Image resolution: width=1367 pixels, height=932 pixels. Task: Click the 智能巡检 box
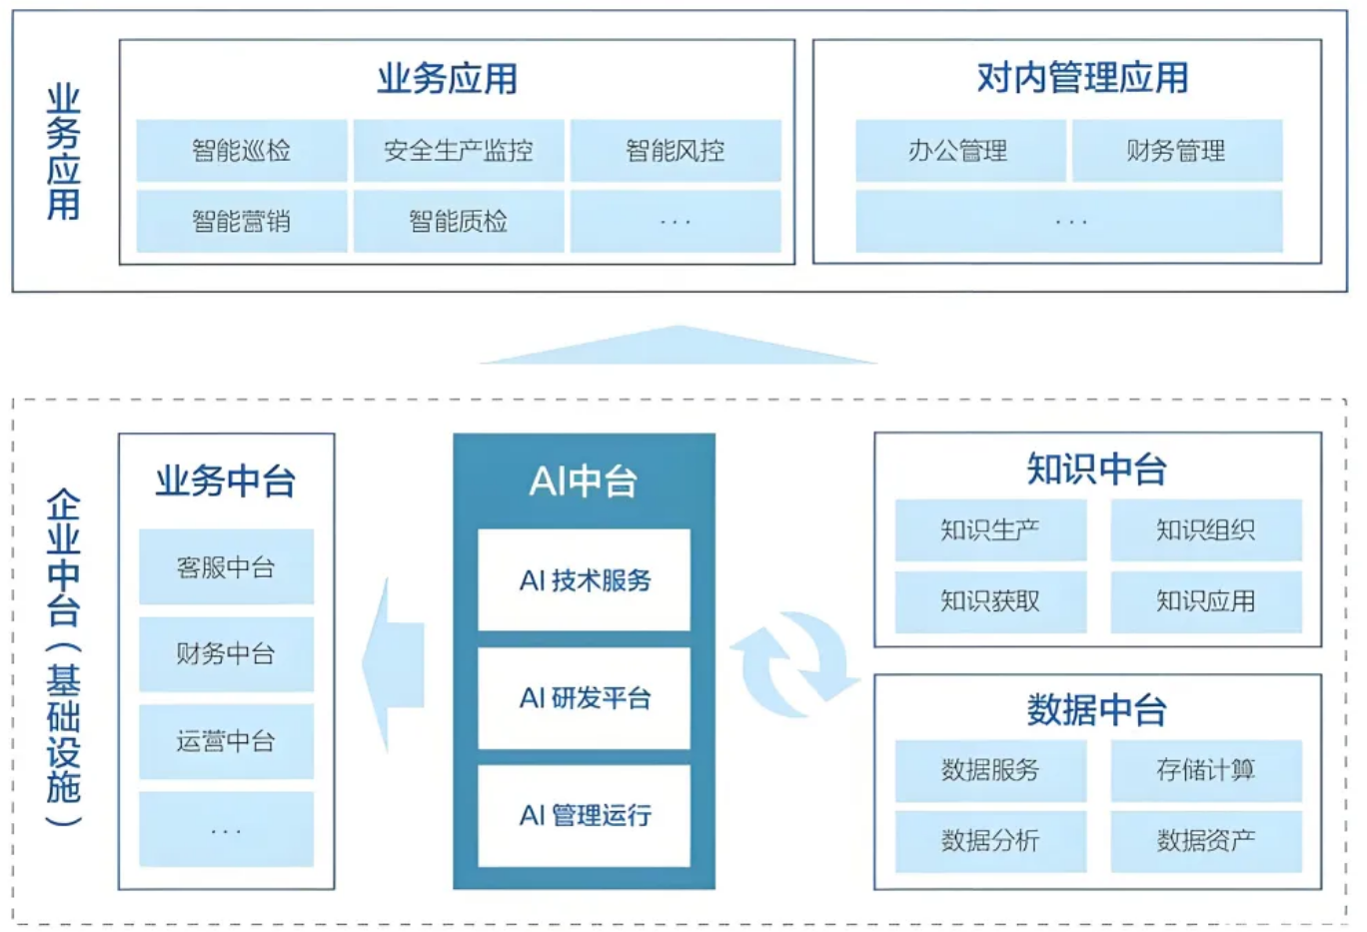(x=242, y=151)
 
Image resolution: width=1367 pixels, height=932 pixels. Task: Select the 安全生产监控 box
(x=459, y=151)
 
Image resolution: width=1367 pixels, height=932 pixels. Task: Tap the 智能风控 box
(x=676, y=151)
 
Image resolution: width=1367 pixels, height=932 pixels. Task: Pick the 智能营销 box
(x=242, y=221)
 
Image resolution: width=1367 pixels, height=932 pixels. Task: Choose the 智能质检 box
(x=459, y=221)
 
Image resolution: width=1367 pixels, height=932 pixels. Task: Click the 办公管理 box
(x=959, y=151)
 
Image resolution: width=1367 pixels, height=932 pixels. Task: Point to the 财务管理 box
(x=1176, y=151)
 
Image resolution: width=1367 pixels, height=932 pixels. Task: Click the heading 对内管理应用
(x=1082, y=78)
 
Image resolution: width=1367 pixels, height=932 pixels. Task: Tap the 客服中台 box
(x=226, y=567)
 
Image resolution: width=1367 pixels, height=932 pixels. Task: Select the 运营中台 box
(x=226, y=741)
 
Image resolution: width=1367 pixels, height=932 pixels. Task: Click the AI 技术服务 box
(x=585, y=580)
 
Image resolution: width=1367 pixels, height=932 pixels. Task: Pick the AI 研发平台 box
(x=585, y=698)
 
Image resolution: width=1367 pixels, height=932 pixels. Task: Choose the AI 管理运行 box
(x=585, y=815)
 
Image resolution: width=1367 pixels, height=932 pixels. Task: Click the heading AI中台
(x=584, y=481)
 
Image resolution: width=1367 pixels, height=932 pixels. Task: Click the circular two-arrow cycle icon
(x=794, y=664)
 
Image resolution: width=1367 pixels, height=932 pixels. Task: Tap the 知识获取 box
(x=990, y=601)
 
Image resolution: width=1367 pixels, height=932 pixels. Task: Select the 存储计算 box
(x=1206, y=770)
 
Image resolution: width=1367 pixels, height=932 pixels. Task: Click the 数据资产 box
(x=1206, y=841)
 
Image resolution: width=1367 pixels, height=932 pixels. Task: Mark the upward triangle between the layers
(x=679, y=346)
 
